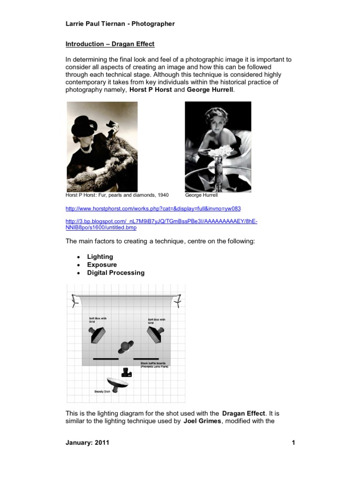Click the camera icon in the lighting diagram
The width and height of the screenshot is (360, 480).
pyautogui.click(x=126, y=373)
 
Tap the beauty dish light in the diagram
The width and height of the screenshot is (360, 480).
pyautogui.click(x=117, y=383)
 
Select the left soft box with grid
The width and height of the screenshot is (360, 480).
pyautogui.click(x=98, y=335)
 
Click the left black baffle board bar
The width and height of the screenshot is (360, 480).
pyautogui.click(x=105, y=359)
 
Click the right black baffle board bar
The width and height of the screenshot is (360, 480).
pyautogui.click(x=146, y=359)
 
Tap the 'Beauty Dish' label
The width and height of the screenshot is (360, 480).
pyautogui.click(x=102, y=390)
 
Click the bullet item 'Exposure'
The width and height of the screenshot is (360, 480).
pyautogui.click(x=102, y=265)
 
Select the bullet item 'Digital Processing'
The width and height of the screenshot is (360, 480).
pyautogui.click(x=116, y=273)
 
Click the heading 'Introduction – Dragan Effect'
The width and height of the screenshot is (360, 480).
pyautogui.click(x=110, y=44)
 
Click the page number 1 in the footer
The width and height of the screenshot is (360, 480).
pyautogui.click(x=292, y=442)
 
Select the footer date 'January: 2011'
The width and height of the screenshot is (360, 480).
pyautogui.click(x=87, y=442)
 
